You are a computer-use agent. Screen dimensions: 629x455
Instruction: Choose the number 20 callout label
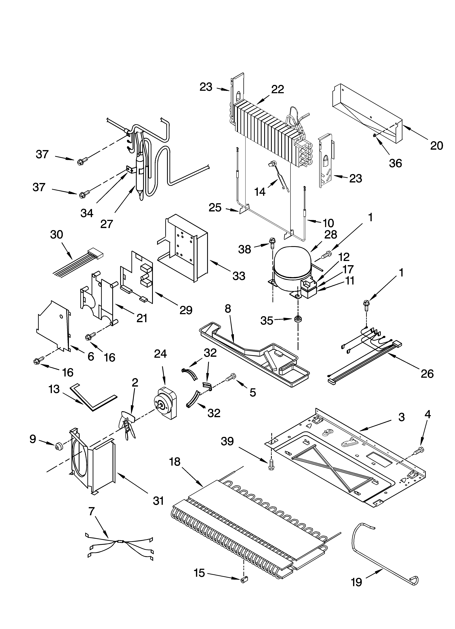[436, 145]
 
